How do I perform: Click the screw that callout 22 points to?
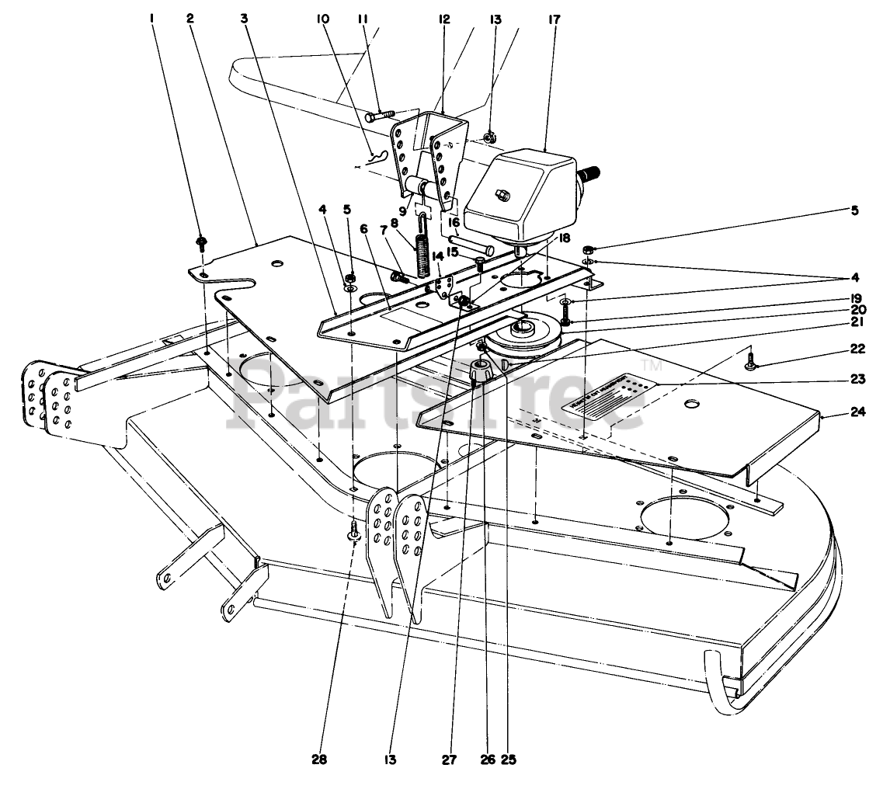pyautogui.click(x=750, y=360)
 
